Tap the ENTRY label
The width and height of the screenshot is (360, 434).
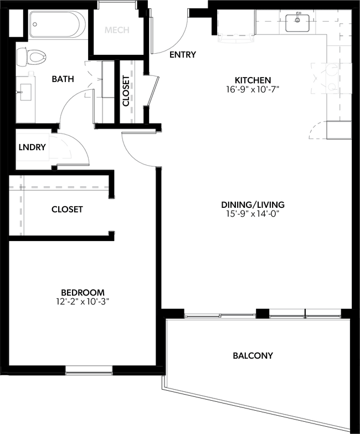tap(183, 54)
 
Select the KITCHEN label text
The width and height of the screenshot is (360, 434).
tap(252, 80)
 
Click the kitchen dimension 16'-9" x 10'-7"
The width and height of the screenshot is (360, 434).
tap(252, 89)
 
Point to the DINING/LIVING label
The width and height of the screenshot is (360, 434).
tap(252, 205)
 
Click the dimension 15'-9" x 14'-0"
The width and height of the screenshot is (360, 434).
tap(252, 214)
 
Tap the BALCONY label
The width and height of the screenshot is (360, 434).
tap(253, 355)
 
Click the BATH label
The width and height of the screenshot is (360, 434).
tap(63, 79)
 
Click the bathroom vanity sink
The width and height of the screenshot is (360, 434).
tap(25, 92)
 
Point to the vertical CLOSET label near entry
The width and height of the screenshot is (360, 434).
tap(126, 90)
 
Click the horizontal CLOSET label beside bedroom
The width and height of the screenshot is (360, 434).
tap(67, 209)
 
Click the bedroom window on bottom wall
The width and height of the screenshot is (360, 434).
tap(89, 369)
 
